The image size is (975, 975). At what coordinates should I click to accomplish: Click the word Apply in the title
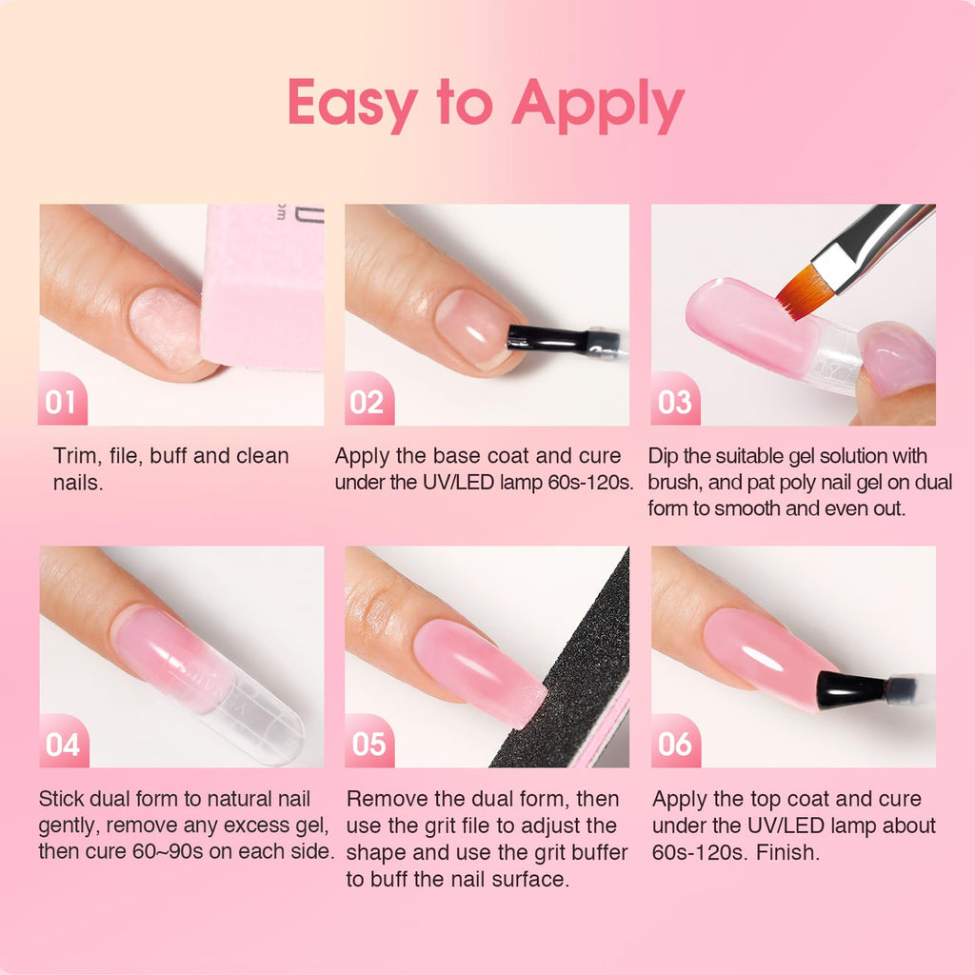597,104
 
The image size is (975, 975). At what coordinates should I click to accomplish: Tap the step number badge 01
62,401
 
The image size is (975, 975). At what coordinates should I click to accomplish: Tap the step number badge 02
368,401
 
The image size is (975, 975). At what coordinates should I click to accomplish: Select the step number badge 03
674,401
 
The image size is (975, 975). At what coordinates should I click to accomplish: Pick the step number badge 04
62,743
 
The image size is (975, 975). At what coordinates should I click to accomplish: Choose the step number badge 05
368,743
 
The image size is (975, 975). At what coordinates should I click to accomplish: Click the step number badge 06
674,743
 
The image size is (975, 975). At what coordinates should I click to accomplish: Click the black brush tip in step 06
847,687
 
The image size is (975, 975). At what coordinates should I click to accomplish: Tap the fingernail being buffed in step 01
167,328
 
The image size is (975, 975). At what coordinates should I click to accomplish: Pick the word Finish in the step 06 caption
787,851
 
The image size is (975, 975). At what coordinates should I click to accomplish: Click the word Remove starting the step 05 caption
387,799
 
